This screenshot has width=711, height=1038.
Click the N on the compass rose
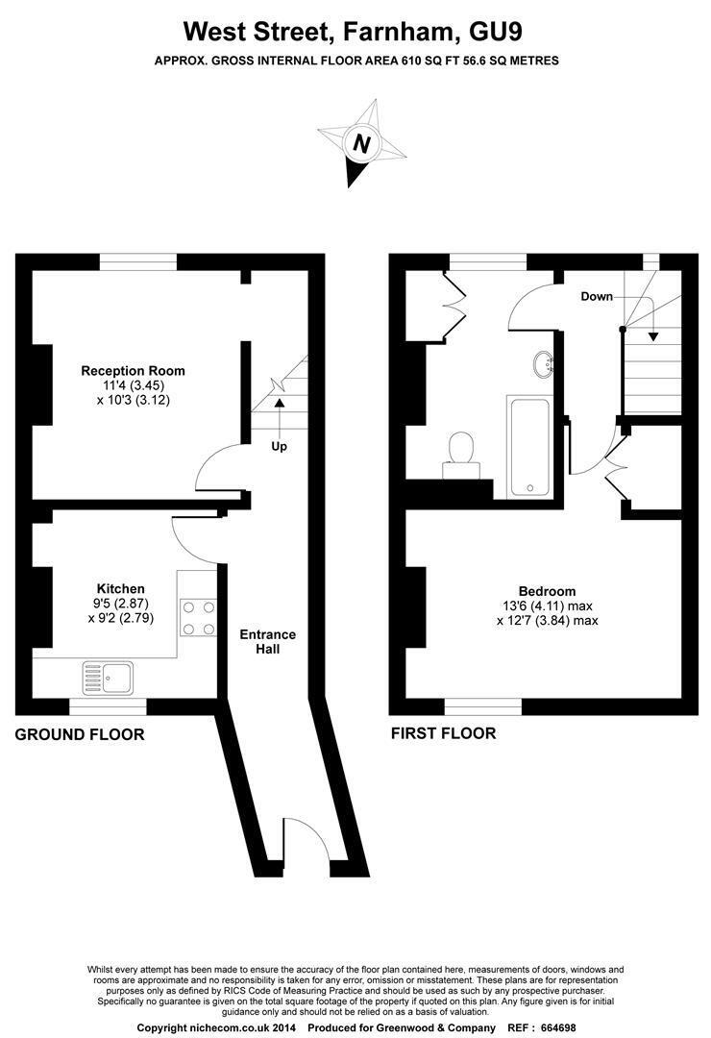coord(361,143)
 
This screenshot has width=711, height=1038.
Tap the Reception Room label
coord(133,371)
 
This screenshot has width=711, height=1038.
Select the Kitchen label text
coord(120,588)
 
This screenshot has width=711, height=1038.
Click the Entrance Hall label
coord(267,641)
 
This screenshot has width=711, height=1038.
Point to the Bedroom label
coord(547,591)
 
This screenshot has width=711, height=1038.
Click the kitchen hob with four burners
coord(199,618)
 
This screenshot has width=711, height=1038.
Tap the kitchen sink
coord(108,677)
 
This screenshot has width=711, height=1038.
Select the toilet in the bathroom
coord(461,454)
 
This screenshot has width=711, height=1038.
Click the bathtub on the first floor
coord(529,448)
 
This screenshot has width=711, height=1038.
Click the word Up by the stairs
coord(280,446)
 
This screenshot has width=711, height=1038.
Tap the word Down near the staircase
coord(597,297)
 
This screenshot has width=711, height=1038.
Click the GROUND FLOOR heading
coord(80,734)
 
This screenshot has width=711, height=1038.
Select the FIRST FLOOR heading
coord(444,732)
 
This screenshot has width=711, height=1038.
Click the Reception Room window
coord(138,262)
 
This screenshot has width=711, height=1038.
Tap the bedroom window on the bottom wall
coord(483,706)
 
